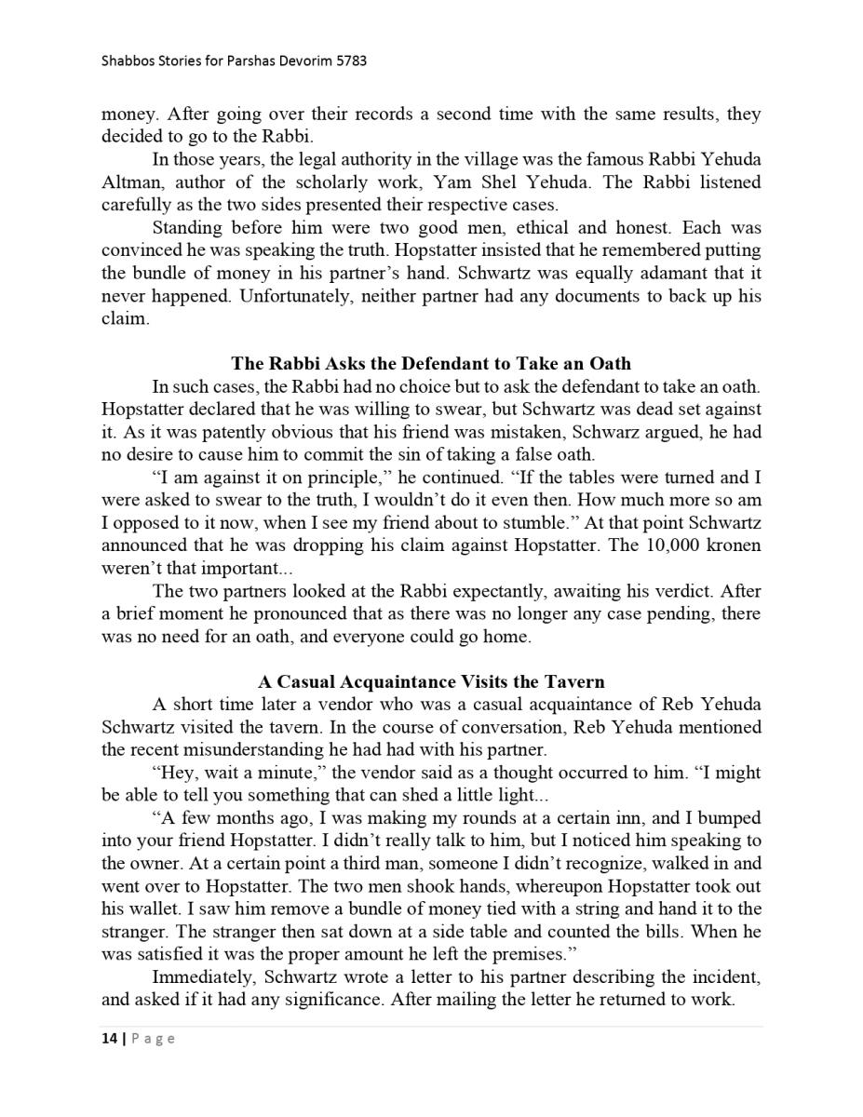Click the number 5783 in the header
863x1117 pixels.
click(x=350, y=61)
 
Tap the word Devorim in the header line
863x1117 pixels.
click(x=300, y=61)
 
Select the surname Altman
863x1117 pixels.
click(x=130, y=182)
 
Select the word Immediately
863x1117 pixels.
click(x=204, y=977)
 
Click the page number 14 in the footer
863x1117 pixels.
click(x=109, y=1039)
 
